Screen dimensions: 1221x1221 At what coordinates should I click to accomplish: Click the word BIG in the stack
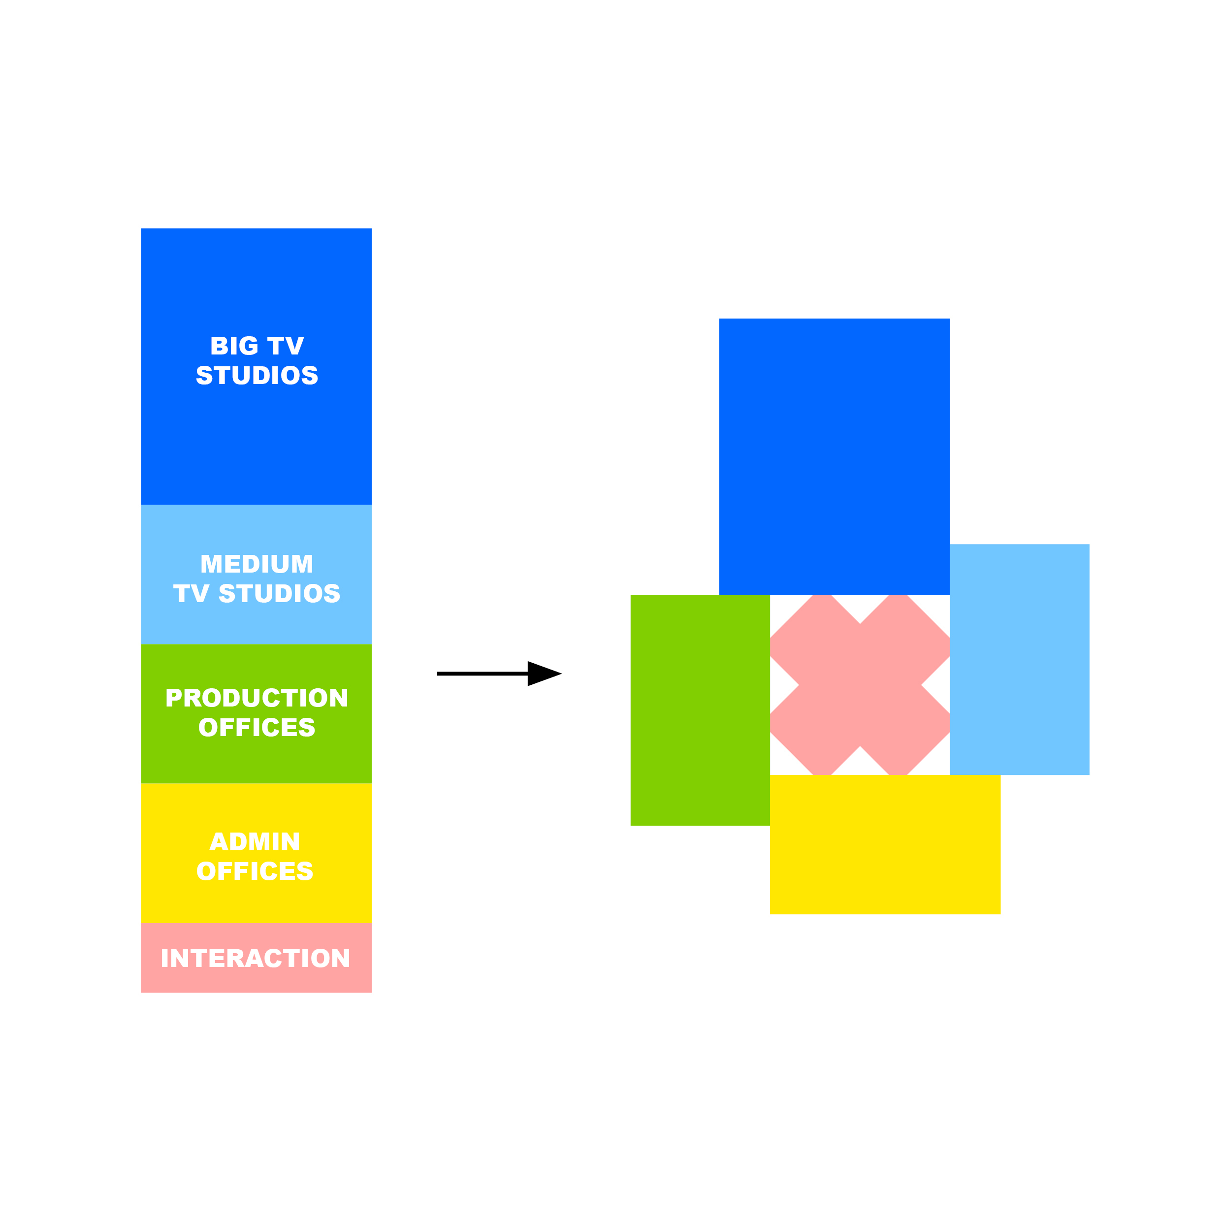click(x=234, y=346)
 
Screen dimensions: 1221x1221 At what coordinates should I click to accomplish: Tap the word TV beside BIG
click(x=286, y=346)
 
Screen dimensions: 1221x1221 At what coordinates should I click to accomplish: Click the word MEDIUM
click(x=257, y=564)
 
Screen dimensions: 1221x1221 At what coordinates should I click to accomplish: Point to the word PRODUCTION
click(x=257, y=698)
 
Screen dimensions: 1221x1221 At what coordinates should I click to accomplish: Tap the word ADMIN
click(x=255, y=842)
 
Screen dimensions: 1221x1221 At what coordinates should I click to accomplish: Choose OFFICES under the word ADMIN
click(x=255, y=871)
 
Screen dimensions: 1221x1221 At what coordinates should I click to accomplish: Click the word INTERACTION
click(x=256, y=958)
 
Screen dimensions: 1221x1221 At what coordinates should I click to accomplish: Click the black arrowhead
click(x=542, y=674)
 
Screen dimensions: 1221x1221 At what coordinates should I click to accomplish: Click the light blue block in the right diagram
click(x=1020, y=659)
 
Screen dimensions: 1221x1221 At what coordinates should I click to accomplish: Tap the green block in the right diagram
click(x=700, y=710)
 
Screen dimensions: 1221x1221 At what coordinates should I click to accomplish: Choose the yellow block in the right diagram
click(x=885, y=844)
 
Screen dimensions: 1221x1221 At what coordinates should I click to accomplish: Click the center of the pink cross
click(x=860, y=685)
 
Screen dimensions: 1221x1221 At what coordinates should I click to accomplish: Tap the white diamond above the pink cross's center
click(x=860, y=607)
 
